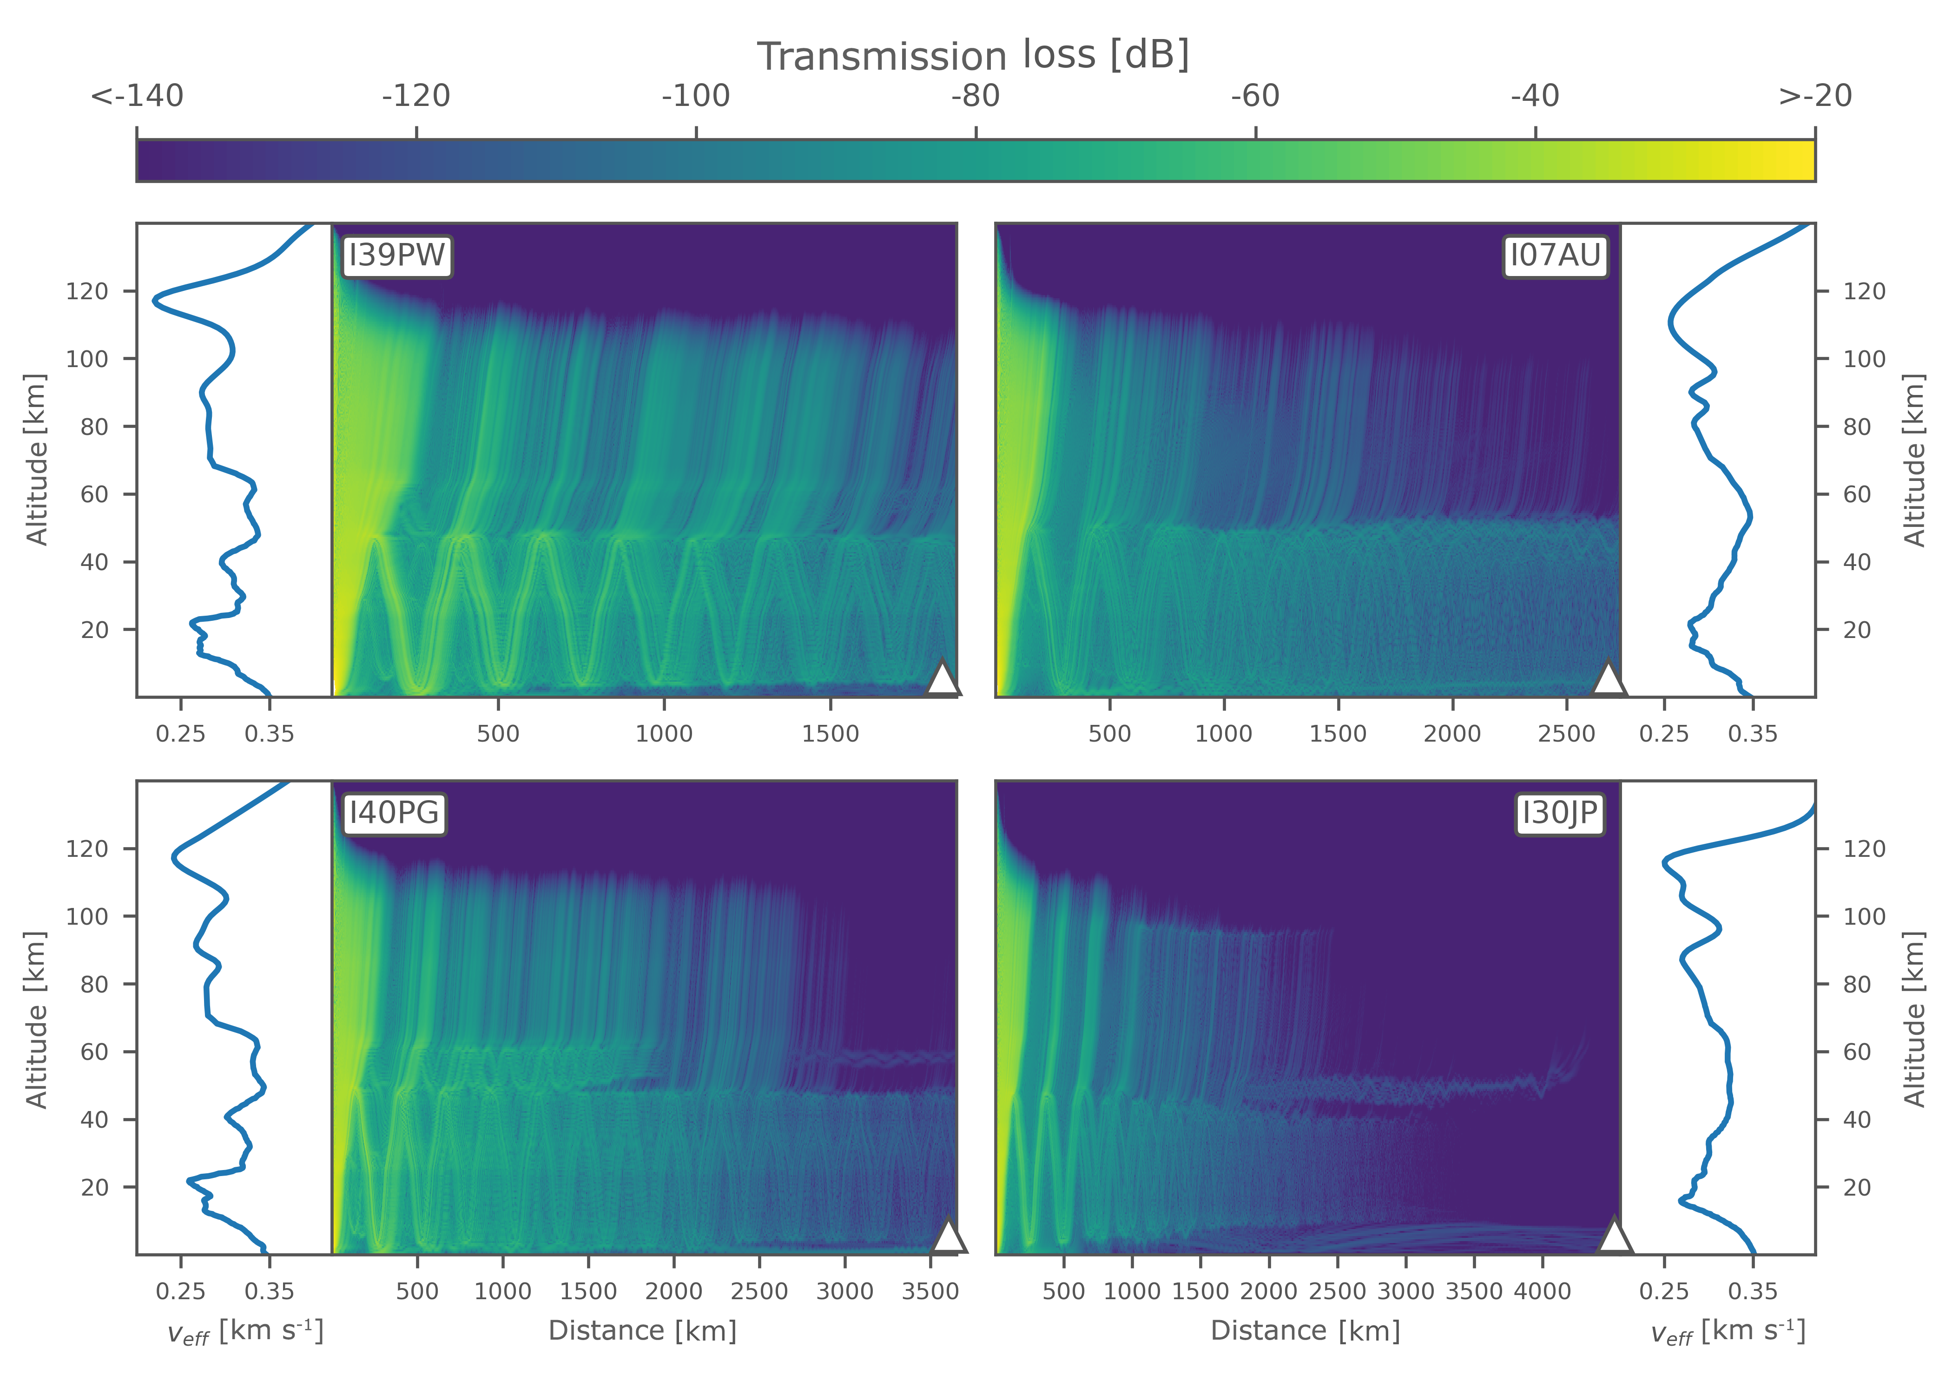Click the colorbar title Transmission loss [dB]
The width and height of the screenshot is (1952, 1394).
[973, 57]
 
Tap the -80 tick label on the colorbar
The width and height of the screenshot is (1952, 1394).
[976, 96]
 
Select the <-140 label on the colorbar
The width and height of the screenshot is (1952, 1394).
[138, 96]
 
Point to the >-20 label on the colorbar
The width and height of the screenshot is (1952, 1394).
[1814, 96]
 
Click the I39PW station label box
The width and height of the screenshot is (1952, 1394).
[396, 256]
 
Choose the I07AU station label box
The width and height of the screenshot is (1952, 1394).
[1555, 256]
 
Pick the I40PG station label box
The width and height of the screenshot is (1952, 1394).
[394, 812]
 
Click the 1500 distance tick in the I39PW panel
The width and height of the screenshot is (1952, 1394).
[830, 734]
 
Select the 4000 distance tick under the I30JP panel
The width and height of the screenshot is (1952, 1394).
[1543, 1291]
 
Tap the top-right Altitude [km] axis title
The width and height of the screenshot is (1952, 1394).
[1914, 460]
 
